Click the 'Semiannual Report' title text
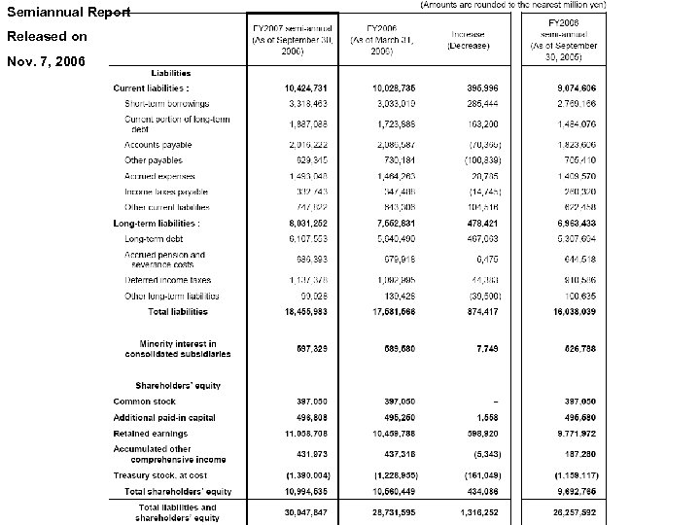coord(69,11)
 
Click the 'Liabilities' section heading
coord(170,74)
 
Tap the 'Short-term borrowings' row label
coord(166,102)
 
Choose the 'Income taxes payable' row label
coord(165,192)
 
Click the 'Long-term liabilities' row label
coord(157,223)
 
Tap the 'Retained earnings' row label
coord(151,432)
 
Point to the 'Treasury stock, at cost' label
coord(159,475)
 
